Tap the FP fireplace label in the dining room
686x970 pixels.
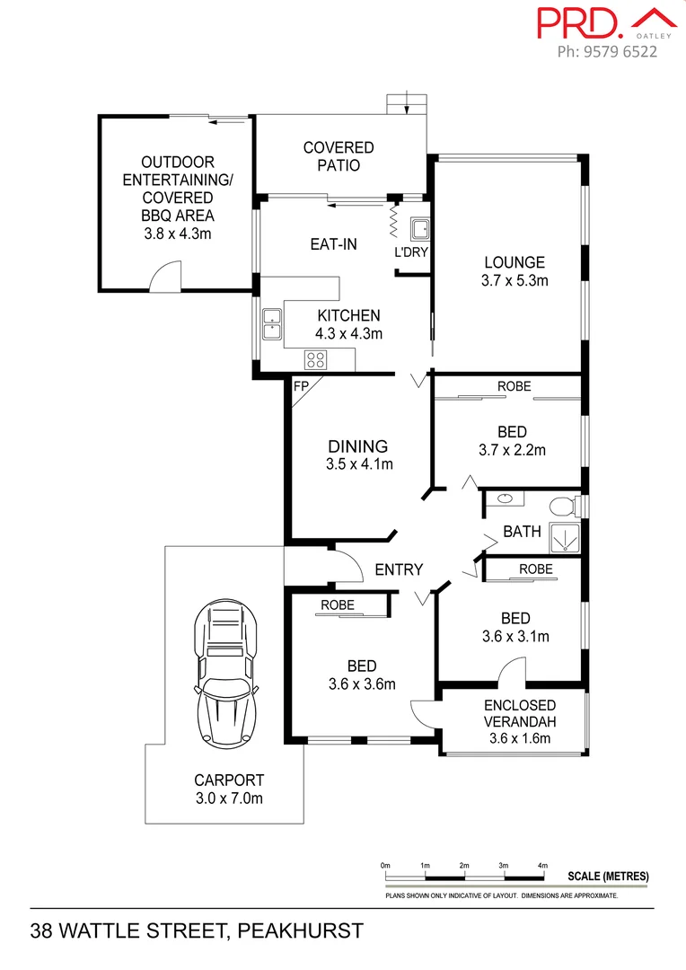point(300,387)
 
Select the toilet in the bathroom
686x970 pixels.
point(563,506)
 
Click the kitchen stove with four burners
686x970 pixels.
point(315,360)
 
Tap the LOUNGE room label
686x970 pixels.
point(514,263)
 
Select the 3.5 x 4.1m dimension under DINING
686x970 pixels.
point(358,464)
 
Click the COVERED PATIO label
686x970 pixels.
point(339,156)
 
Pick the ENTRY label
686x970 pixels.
point(399,569)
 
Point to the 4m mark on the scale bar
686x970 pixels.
point(542,865)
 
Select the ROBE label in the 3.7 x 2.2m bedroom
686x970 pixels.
point(514,386)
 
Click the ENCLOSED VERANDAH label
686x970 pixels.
point(520,714)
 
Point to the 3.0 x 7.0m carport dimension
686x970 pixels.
point(229,798)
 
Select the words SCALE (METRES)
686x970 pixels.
point(608,877)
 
